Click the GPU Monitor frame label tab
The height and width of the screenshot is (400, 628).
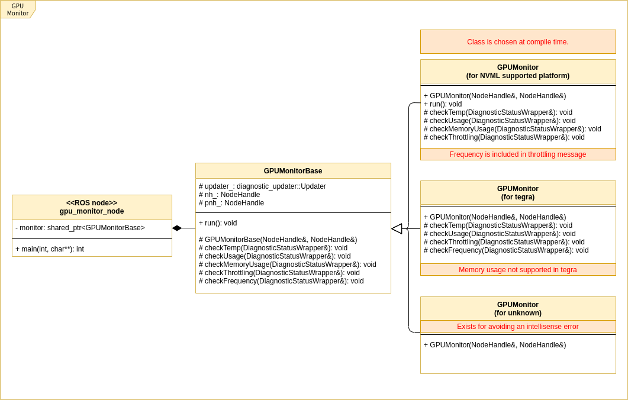(18, 9)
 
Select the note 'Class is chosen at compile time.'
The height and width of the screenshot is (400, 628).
(517, 42)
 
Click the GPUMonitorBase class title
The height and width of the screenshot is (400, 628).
(293, 171)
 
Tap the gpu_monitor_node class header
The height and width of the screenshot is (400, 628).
(92, 207)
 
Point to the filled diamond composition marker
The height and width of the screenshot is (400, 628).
(177, 228)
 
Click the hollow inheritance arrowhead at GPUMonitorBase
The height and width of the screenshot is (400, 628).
(397, 228)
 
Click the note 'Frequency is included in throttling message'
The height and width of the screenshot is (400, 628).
(517, 154)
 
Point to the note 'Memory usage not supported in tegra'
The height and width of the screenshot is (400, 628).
(517, 270)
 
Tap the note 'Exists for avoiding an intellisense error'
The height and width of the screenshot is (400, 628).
(517, 327)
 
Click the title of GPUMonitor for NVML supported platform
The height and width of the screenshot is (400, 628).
(517, 72)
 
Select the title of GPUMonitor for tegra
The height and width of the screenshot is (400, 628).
(517, 193)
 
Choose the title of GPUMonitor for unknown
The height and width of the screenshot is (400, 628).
(517, 309)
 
